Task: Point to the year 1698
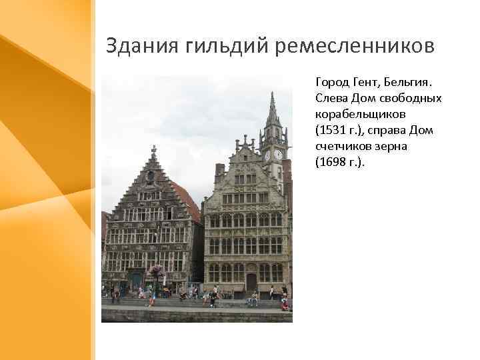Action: click(331, 161)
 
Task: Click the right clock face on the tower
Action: click(278, 155)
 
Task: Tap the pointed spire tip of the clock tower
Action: click(272, 95)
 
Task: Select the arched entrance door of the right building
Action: click(251, 280)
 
